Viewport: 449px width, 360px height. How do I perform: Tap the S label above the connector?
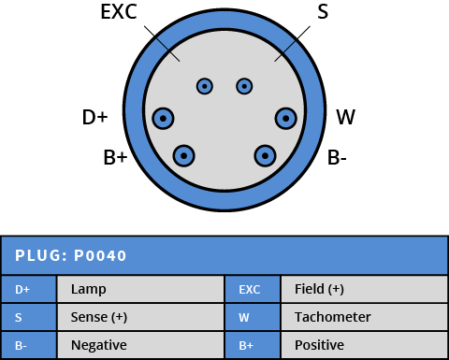click(x=323, y=12)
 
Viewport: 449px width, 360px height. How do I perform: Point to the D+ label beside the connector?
click(x=95, y=117)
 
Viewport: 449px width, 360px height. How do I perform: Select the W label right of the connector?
click(x=345, y=117)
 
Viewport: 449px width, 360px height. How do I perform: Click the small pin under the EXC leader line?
click(x=204, y=87)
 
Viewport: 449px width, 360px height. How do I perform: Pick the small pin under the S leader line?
click(x=245, y=87)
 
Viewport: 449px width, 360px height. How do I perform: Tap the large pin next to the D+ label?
click(x=165, y=118)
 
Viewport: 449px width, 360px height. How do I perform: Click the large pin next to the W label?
click(x=286, y=118)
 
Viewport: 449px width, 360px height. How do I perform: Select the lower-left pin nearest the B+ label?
click(x=185, y=155)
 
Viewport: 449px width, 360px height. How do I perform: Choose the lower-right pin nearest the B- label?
click(x=266, y=155)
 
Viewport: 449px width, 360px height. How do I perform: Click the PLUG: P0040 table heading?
click(x=71, y=255)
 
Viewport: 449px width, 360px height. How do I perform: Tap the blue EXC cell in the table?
click(x=250, y=290)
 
